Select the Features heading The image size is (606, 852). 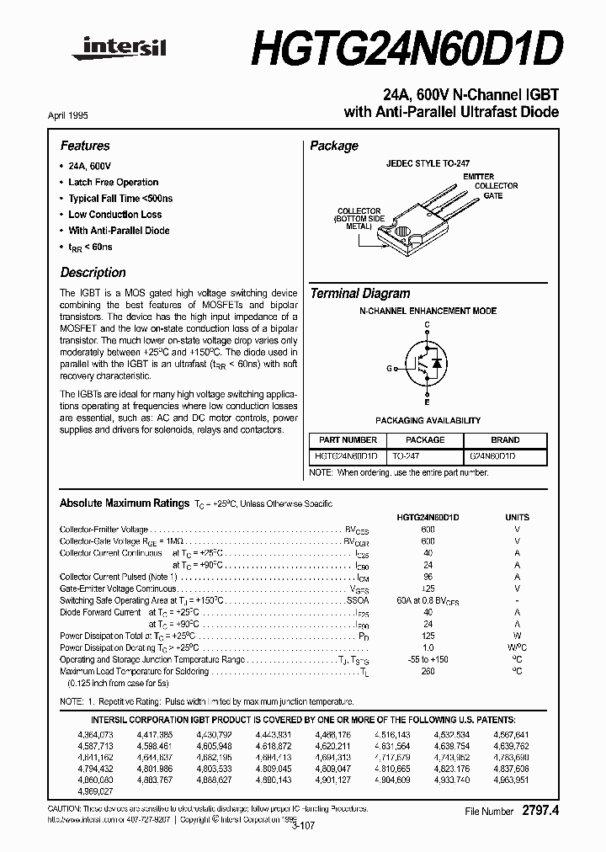[85, 146]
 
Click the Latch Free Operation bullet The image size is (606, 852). [113, 182]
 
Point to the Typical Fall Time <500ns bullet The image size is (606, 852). [120, 198]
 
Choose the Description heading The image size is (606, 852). [93, 273]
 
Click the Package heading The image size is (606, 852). [334, 146]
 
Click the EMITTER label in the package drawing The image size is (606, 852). [478, 177]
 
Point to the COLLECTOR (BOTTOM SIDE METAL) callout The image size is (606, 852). [359, 219]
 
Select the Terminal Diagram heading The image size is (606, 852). [360, 294]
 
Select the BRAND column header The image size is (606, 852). [505, 439]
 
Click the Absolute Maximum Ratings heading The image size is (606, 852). [124, 503]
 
